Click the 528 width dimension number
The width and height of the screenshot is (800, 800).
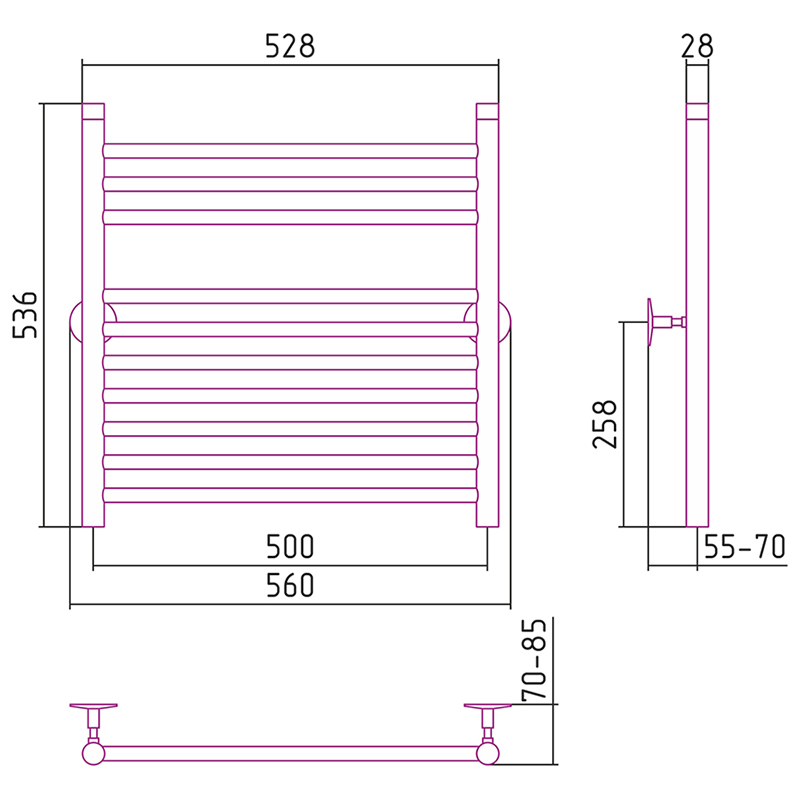(x=290, y=46)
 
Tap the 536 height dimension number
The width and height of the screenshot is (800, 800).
(x=25, y=315)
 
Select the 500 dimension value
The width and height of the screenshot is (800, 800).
(x=290, y=546)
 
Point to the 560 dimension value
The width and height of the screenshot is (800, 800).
(x=290, y=586)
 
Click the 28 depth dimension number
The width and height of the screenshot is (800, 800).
(x=697, y=46)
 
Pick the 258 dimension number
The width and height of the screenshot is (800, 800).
(x=605, y=424)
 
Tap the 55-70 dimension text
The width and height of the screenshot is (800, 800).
(x=744, y=547)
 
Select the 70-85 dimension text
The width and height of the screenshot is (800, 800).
(x=534, y=659)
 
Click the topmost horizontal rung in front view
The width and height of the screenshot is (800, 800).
(x=290, y=151)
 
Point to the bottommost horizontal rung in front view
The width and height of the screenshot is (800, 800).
(x=290, y=495)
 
